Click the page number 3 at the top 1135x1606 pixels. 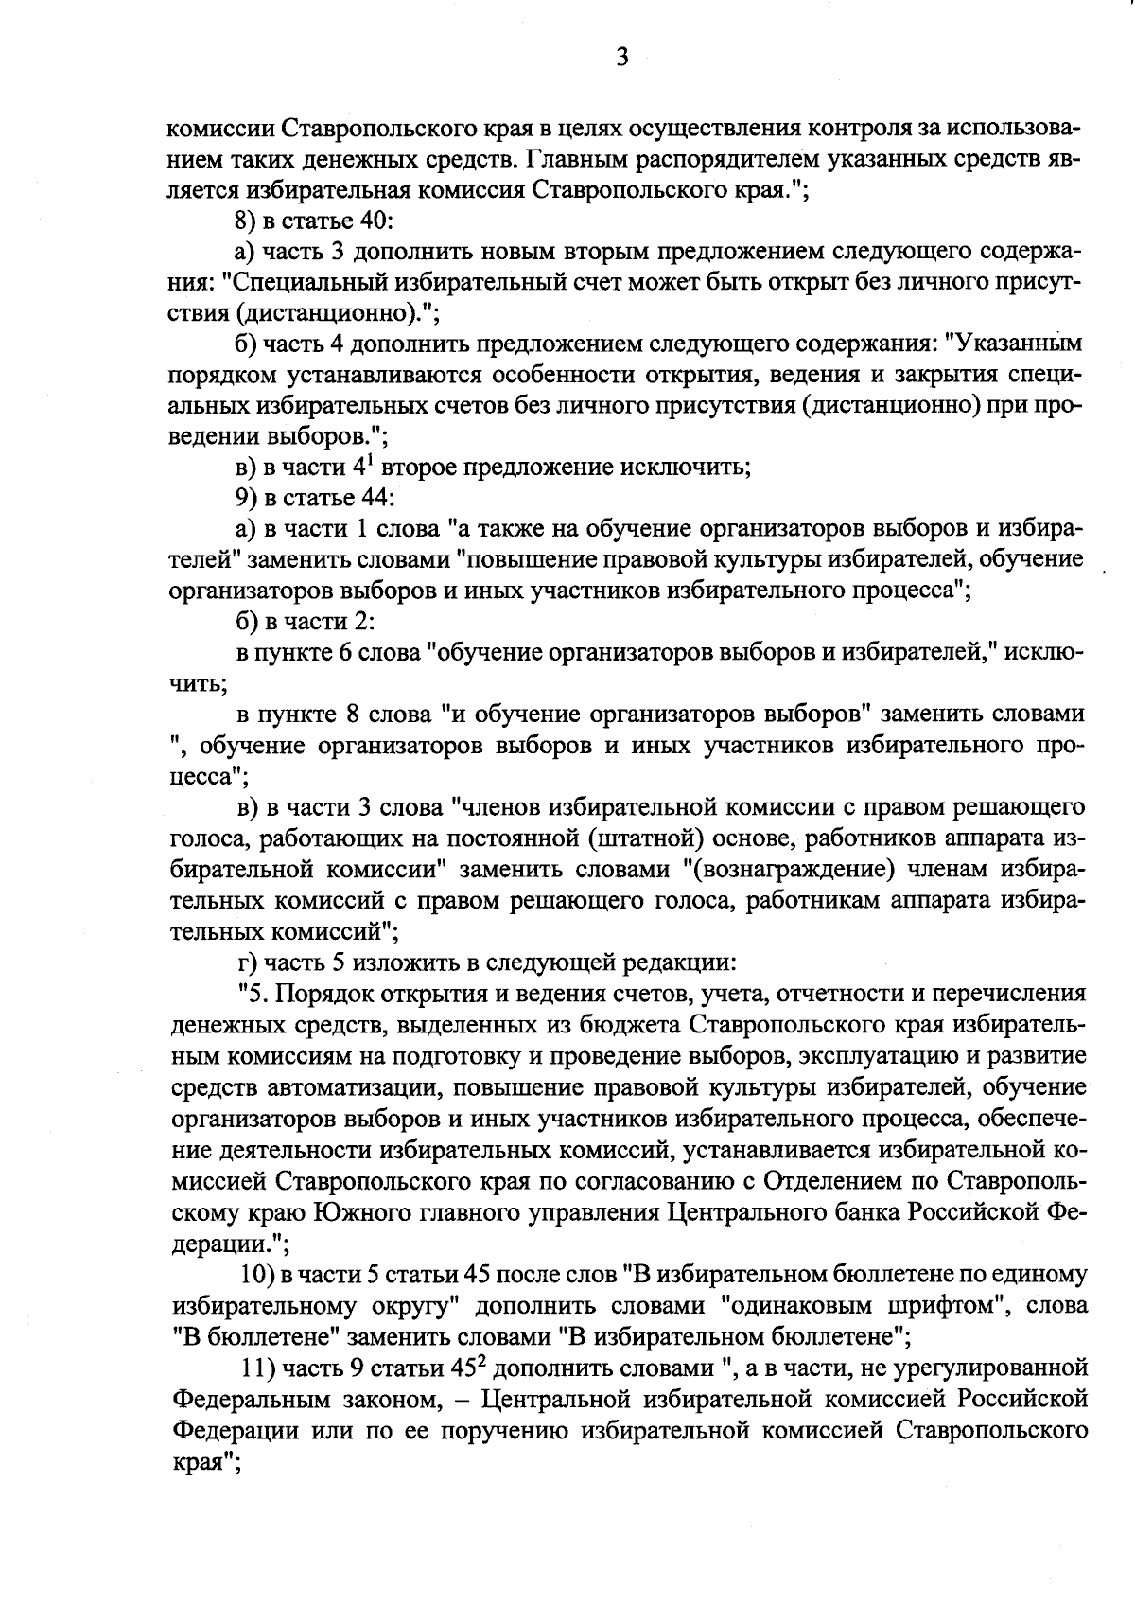621,59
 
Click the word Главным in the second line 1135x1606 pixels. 578,157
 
